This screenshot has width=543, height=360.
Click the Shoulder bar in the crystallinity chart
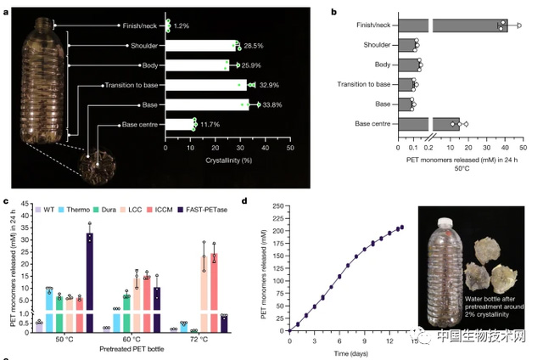[201, 44]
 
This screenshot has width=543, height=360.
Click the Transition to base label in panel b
[361, 85]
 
